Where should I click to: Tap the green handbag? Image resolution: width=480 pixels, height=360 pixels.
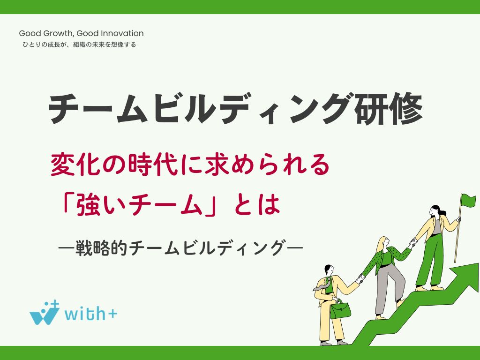tap(340, 309)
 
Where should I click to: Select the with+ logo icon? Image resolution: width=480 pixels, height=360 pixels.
tap(45, 313)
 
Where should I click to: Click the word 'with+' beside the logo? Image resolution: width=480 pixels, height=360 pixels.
tap(91, 313)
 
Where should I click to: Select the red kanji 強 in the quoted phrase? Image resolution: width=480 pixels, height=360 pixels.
tap(89, 204)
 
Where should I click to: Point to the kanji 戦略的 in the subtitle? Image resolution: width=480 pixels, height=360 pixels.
tap(101, 247)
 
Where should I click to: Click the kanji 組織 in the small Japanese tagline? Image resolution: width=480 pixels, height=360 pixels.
tap(79, 45)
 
